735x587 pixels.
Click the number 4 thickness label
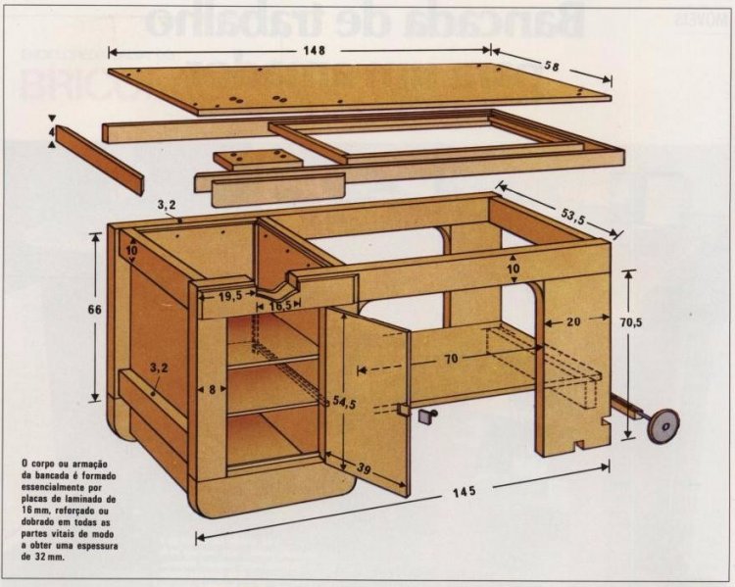coord(51,129)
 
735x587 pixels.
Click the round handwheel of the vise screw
coord(664,424)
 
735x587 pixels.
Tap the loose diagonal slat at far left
coord(99,158)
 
